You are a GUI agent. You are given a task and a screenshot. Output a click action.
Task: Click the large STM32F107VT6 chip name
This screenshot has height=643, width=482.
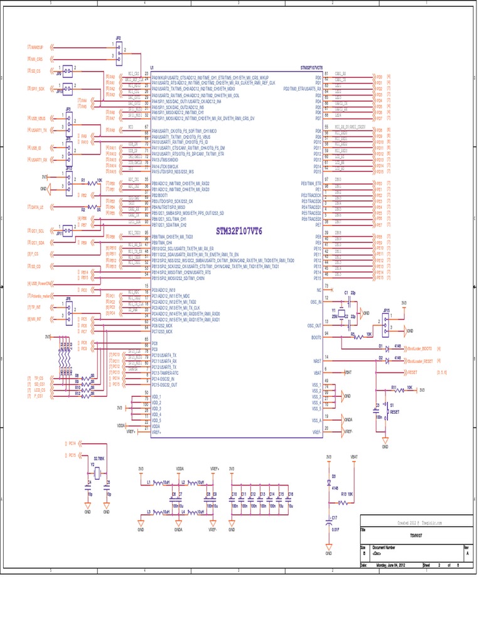(239, 231)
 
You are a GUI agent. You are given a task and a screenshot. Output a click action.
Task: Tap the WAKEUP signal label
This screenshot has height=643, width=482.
(37, 47)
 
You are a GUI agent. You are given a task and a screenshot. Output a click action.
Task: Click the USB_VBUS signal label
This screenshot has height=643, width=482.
(38, 117)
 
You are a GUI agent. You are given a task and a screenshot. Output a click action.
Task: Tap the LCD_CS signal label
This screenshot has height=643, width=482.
(39, 390)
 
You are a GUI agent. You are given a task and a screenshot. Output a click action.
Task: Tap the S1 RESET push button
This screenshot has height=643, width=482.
(387, 414)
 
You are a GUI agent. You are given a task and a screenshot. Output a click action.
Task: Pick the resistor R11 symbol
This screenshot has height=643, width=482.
(398, 390)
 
